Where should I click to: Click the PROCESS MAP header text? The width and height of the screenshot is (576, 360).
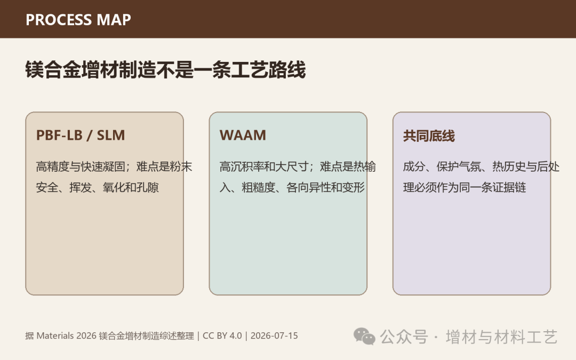(x=78, y=20)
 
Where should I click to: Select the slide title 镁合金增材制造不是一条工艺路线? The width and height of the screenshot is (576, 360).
(x=165, y=70)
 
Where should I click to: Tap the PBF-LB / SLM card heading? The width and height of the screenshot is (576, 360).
(x=81, y=135)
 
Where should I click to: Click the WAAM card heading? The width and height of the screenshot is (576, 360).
(x=243, y=135)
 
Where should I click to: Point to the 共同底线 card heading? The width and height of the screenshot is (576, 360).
(x=429, y=136)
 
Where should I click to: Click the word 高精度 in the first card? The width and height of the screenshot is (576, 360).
(x=52, y=167)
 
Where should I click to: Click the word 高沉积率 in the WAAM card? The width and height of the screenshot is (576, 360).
(x=242, y=167)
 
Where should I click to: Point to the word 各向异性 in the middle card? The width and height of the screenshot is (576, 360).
(x=309, y=188)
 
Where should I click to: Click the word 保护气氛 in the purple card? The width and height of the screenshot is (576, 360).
(x=459, y=167)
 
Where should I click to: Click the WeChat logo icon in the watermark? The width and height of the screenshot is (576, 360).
(x=364, y=337)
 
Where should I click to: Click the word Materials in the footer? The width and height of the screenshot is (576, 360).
(x=55, y=336)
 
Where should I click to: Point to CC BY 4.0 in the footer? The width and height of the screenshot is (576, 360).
(x=222, y=336)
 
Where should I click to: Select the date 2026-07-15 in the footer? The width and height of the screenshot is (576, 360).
(x=274, y=336)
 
